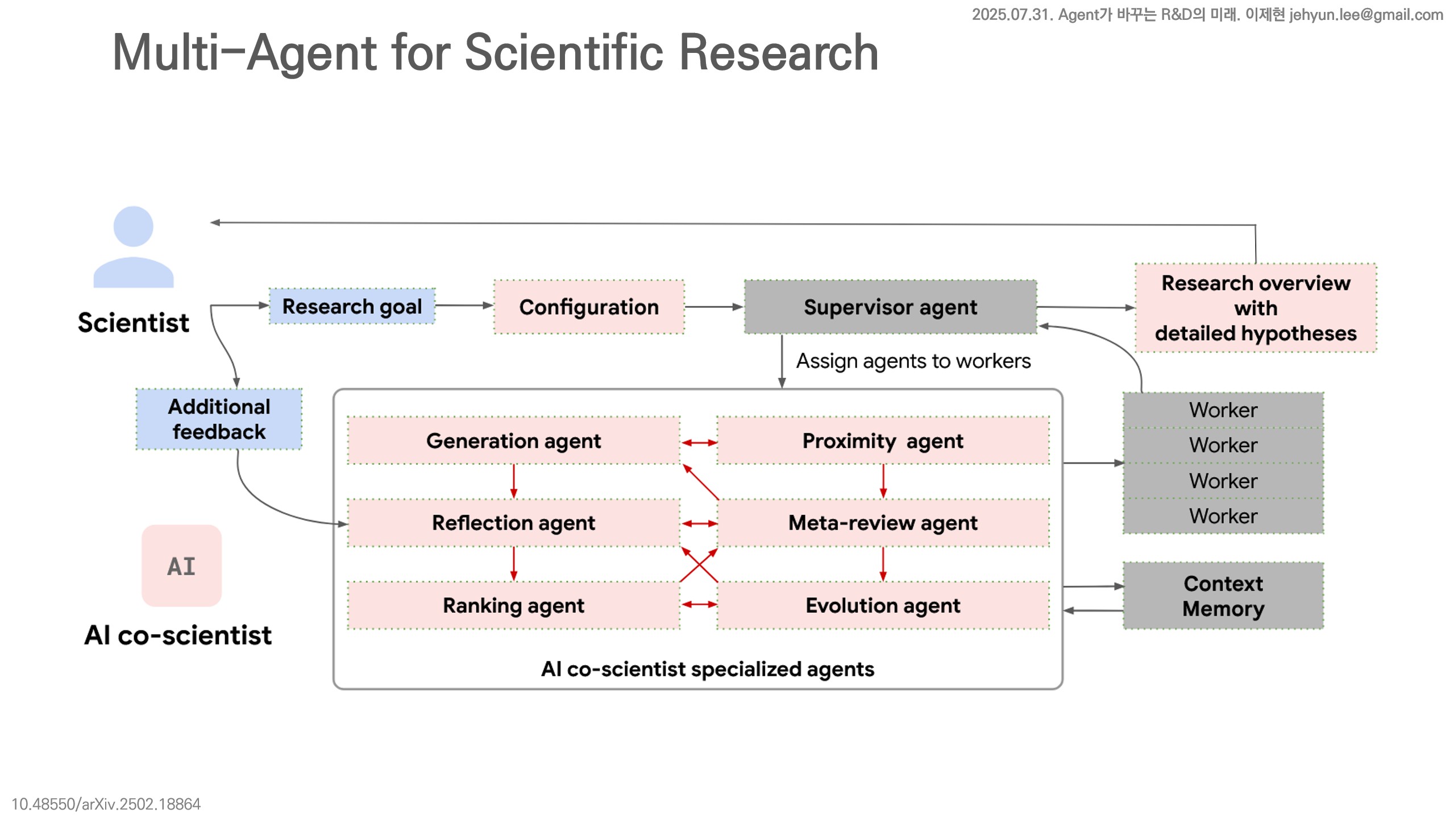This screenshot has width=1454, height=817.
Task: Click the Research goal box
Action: tap(352, 306)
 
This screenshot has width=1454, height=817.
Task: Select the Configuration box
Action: tap(589, 307)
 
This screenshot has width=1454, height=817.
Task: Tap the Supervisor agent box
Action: tap(890, 307)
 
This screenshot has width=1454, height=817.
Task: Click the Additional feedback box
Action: tap(219, 419)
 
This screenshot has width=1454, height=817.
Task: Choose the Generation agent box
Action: tap(513, 441)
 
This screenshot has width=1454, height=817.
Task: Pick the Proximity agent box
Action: tap(883, 441)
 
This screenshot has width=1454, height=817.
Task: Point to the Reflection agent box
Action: tap(513, 523)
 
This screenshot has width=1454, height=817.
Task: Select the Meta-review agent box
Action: tap(883, 523)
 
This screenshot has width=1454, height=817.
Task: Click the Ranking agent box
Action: tap(513, 605)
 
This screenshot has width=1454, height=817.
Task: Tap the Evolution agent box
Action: tap(883, 605)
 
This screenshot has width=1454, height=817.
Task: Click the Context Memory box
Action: tap(1223, 596)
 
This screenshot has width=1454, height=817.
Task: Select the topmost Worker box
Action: tap(1223, 410)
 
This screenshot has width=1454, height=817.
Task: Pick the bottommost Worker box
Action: tap(1223, 516)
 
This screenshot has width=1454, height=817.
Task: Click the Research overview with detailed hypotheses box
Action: tap(1256, 308)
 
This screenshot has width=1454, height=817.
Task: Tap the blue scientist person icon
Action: tap(134, 247)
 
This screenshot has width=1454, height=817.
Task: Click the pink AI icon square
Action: tap(181, 566)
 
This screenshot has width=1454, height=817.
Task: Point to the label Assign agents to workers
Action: tap(913, 361)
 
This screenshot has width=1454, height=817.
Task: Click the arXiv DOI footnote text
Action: tap(106, 804)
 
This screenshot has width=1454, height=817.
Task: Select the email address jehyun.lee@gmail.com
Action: tap(1366, 14)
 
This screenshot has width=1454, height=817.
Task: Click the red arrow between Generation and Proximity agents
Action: tap(699, 442)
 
